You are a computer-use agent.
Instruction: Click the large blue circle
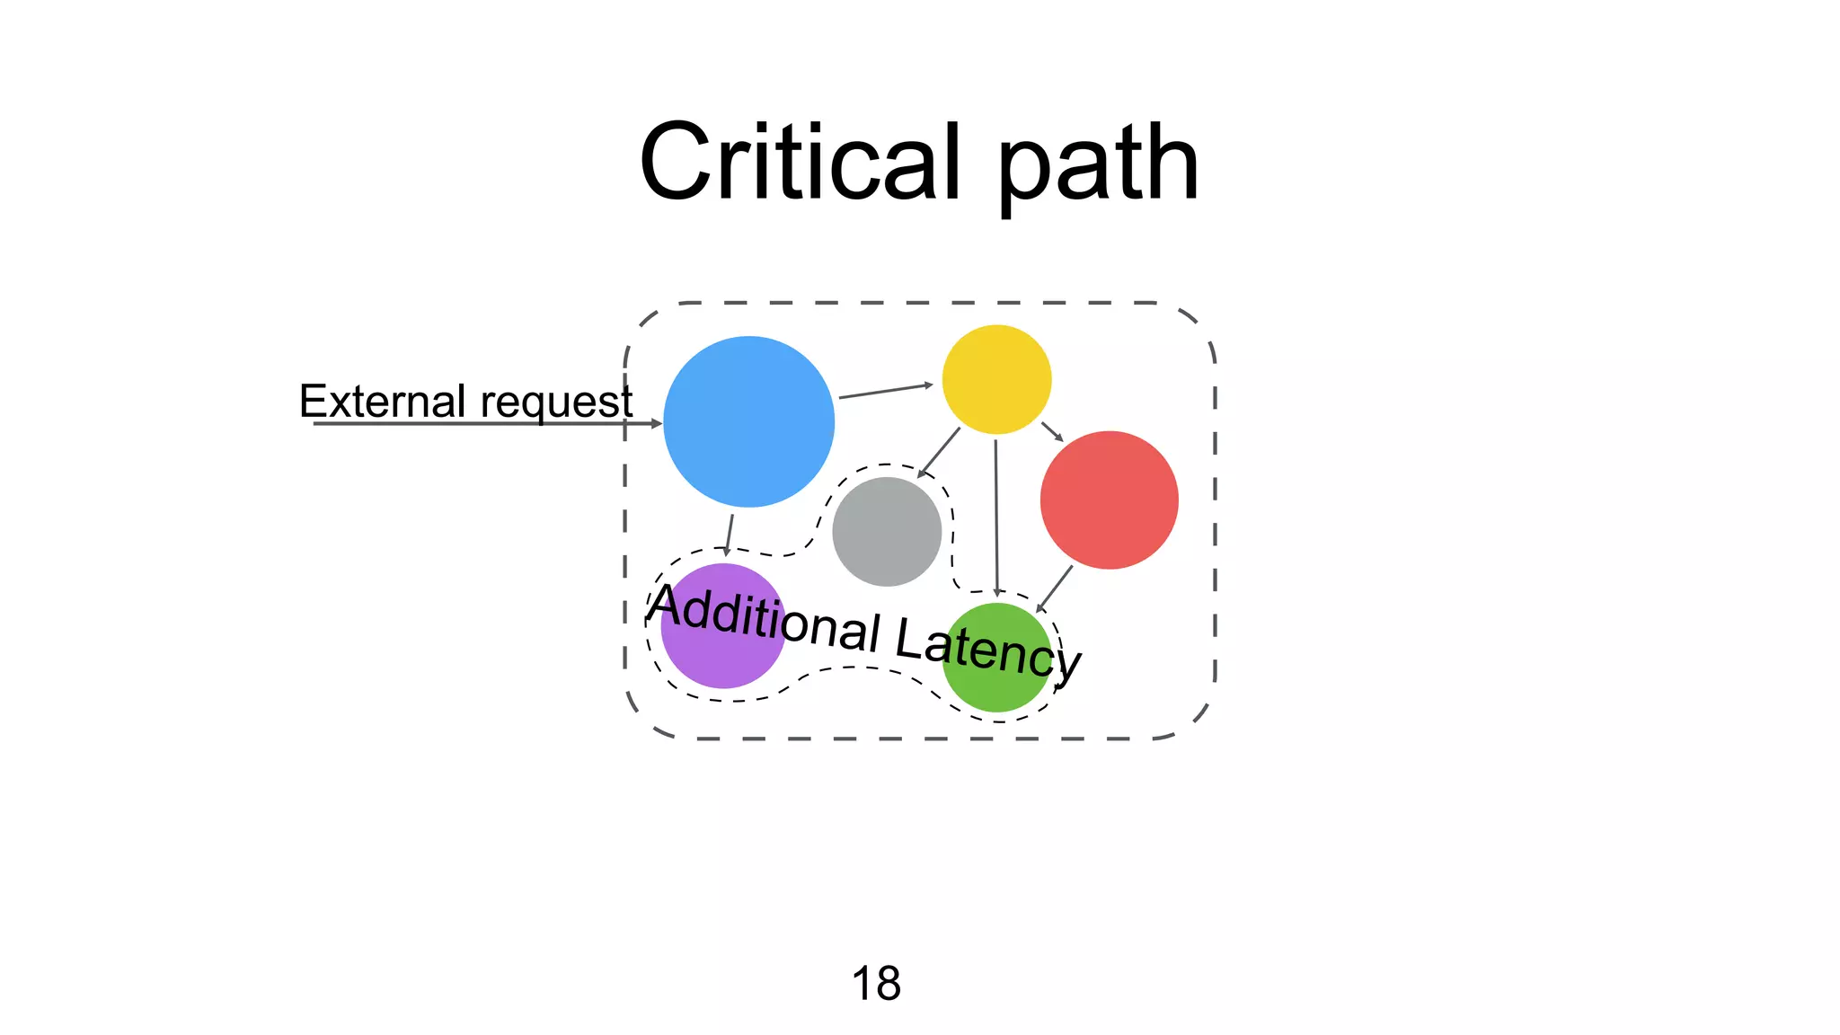[x=748, y=421]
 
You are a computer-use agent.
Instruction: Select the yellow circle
[x=996, y=379]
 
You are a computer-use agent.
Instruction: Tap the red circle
[x=1109, y=500]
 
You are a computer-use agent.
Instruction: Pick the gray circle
[x=887, y=531]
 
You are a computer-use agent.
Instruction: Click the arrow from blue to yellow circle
[x=885, y=391]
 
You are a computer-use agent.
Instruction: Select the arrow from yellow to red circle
[x=1052, y=431]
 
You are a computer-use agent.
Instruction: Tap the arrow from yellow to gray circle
[x=939, y=452]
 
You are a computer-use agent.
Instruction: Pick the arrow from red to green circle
[x=1055, y=588]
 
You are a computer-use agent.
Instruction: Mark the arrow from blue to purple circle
[x=730, y=535]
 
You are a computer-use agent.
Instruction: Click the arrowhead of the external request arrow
[x=657, y=423]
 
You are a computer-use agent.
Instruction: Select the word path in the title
[x=1098, y=166]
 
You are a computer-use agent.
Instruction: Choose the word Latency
[x=988, y=648]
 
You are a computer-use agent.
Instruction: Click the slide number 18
[x=876, y=983]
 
